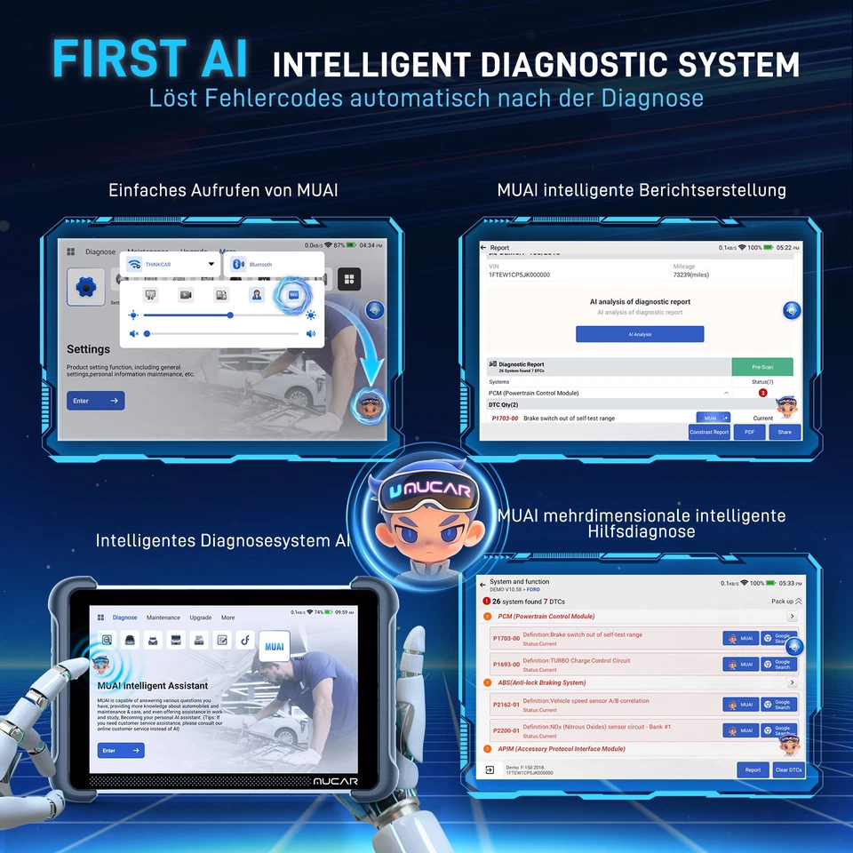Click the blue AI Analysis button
pyautogui.click(x=640, y=334)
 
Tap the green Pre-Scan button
pyautogui.click(x=762, y=366)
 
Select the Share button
pyautogui.click(x=785, y=432)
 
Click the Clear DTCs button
pyautogui.click(x=788, y=769)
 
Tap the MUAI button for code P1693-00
pyautogui.click(x=741, y=664)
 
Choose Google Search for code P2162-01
pyautogui.click(x=779, y=704)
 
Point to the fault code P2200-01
pyautogui.click(x=506, y=730)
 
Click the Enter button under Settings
pyautogui.click(x=95, y=401)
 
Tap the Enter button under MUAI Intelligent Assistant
pyautogui.click(x=121, y=751)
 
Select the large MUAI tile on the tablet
pyautogui.click(x=274, y=647)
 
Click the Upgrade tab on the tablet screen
pyautogui.click(x=201, y=618)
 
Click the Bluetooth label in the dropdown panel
pyautogui.click(x=260, y=265)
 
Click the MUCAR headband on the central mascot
pyautogui.click(x=426, y=491)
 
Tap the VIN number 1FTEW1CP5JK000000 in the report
pyautogui.click(x=520, y=275)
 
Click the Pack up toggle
pyautogui.click(x=785, y=602)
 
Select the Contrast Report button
pyautogui.click(x=709, y=432)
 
